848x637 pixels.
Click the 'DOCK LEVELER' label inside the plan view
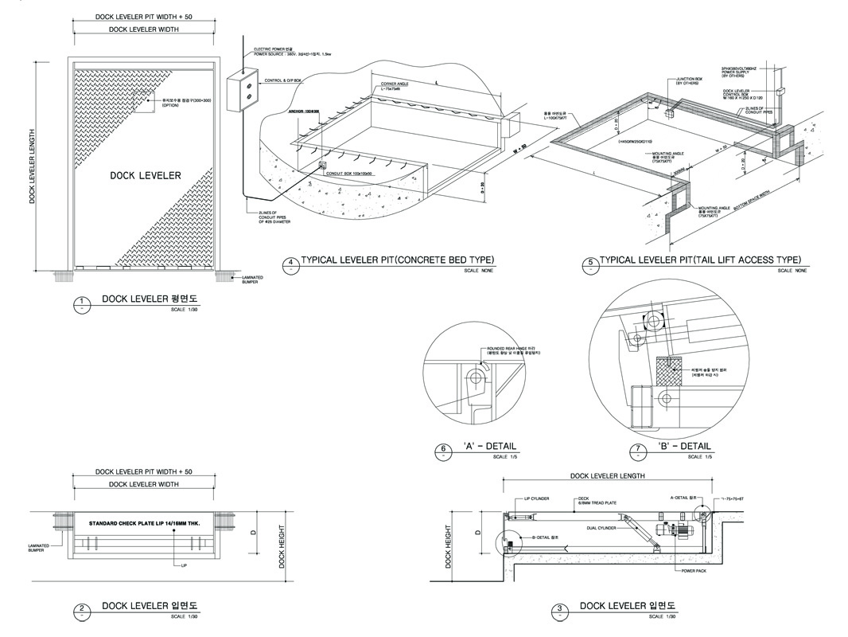click(146, 176)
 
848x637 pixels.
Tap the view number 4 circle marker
click(290, 263)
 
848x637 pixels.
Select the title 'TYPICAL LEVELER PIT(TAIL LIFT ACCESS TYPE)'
click(699, 260)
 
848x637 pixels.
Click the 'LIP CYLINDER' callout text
click(537, 499)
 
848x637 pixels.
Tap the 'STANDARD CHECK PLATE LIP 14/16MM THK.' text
click(154, 524)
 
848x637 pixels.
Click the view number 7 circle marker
click(637, 451)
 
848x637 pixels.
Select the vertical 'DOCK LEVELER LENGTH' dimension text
click(33, 166)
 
